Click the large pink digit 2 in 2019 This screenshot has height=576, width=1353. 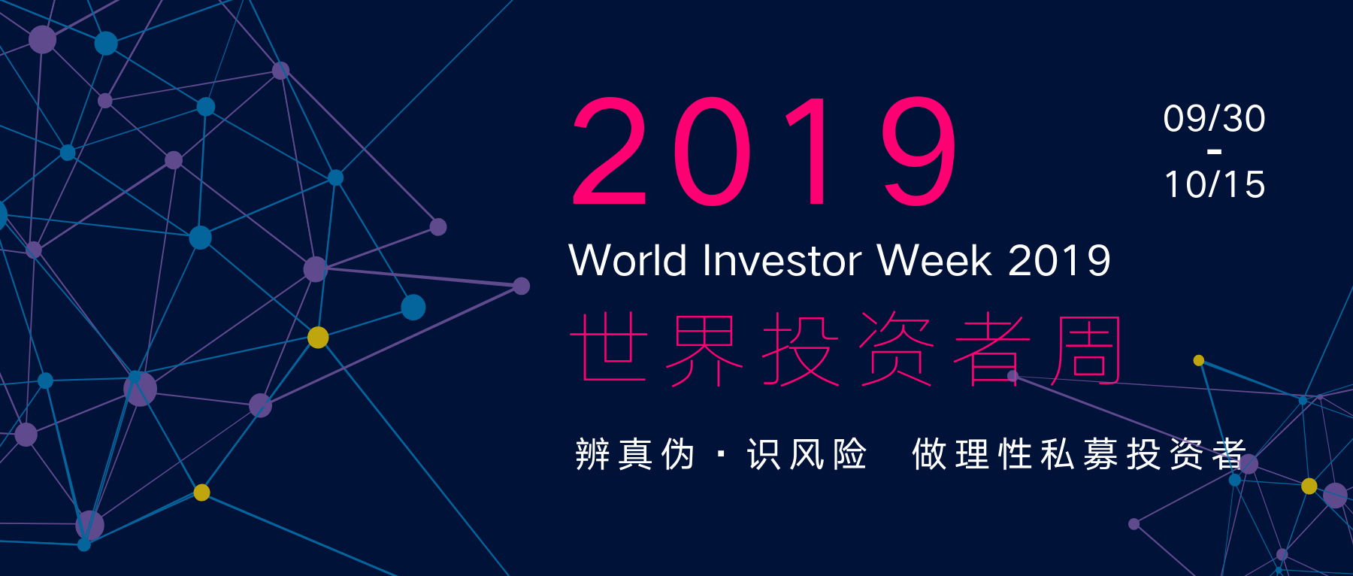point(610,150)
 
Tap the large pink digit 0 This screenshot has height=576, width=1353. point(712,150)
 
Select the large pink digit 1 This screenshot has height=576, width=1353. point(809,150)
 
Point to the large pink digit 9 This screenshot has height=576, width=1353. point(919,150)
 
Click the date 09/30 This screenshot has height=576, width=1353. point(1214,119)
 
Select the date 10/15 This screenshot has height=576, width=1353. point(1215,184)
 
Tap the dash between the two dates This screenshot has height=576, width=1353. point(1214,152)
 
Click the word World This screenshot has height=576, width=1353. point(628,260)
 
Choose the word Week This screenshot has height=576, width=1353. point(934,260)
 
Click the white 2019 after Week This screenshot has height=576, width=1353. point(1059,260)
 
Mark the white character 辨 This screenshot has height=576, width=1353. point(592,454)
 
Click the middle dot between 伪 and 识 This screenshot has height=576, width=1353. point(722,454)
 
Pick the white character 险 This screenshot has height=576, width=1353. point(849,454)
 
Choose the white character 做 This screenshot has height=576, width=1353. point(929,454)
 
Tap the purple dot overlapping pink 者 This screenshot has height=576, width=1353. point(1012,375)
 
